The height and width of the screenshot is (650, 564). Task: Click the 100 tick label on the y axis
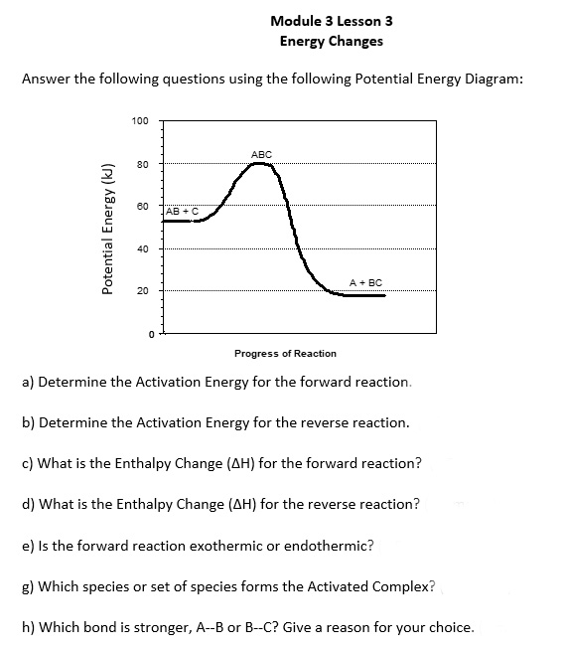pos(140,121)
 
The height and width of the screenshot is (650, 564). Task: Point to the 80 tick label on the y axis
pos(142,164)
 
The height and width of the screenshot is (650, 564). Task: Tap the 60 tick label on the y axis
pos(142,206)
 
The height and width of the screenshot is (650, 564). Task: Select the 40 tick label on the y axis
pos(142,248)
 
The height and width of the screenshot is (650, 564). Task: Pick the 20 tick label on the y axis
pos(142,291)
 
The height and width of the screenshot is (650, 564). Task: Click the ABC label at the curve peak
pos(261,154)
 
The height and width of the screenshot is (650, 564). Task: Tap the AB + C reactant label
pos(183,211)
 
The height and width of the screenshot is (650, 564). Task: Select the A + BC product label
pos(367,283)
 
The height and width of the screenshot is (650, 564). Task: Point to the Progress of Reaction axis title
pos(285,353)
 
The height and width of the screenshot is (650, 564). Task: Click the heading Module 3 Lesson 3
pos(324,20)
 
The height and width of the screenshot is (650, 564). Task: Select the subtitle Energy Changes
pos(331,41)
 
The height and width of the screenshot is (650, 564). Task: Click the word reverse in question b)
pos(300,422)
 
